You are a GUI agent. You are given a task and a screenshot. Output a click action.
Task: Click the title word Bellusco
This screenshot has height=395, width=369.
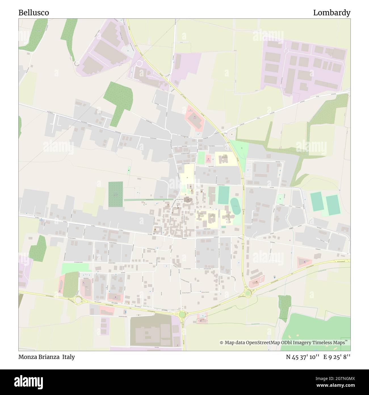(x=33, y=13)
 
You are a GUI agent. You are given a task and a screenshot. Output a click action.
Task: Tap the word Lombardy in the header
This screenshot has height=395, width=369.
(x=332, y=13)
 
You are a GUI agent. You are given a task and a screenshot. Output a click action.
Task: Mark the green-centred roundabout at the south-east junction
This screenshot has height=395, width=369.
(x=248, y=293)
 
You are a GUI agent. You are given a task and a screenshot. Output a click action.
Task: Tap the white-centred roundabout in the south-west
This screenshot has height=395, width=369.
(x=77, y=299)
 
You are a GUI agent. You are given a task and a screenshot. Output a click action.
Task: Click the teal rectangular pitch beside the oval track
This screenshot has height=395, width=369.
(x=224, y=195)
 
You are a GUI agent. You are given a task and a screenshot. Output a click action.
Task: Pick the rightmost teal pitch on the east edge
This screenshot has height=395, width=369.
(x=333, y=205)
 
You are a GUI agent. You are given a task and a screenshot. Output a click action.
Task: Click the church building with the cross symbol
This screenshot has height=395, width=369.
(x=187, y=200)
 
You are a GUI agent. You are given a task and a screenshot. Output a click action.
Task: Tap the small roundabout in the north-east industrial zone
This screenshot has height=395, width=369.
(x=286, y=51)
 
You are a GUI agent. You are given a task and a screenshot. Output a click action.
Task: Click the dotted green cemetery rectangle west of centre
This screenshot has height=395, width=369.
(x=116, y=194)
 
